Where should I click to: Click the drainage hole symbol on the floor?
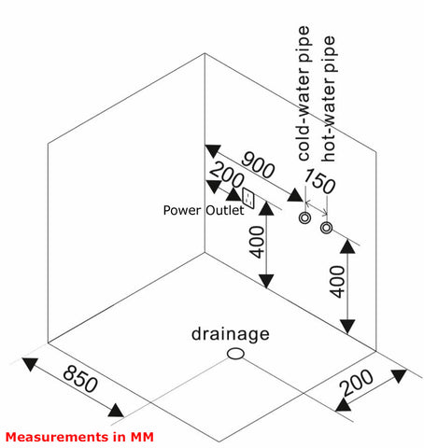click(235, 354)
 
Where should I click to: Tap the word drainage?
click(231, 335)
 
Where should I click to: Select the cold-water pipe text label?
click(304, 93)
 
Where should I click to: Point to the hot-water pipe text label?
click(329, 99)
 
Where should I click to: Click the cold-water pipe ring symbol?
click(304, 217)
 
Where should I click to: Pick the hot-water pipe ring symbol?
click(326, 228)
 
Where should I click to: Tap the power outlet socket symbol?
click(248, 198)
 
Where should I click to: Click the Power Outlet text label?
click(204, 210)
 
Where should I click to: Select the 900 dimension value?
click(258, 164)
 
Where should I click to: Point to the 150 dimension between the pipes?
click(319, 181)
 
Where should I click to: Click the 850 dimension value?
click(80, 379)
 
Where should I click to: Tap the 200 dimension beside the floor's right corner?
click(357, 383)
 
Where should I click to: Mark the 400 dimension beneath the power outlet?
click(257, 242)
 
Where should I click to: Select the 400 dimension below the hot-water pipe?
click(337, 282)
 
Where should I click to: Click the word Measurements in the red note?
click(57, 437)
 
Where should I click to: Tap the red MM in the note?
click(142, 437)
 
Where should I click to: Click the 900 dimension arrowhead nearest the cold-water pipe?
click(295, 195)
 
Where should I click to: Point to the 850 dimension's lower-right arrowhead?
click(116, 411)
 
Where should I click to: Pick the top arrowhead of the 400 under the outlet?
click(266, 208)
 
